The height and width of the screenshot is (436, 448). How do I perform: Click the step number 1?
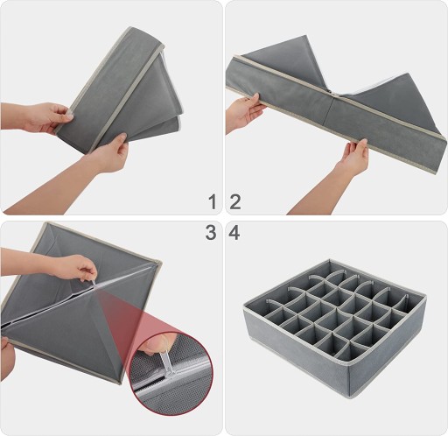213,201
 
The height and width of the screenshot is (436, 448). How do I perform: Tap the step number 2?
235,201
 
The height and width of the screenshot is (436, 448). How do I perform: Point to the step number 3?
211,233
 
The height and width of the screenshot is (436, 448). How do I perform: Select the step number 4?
234,233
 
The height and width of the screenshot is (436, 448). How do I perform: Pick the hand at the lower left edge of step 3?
7,359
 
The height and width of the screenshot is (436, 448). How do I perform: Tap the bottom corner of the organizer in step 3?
119,383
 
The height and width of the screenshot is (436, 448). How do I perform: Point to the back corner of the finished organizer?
330,259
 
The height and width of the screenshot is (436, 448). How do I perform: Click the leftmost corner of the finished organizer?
244,307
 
